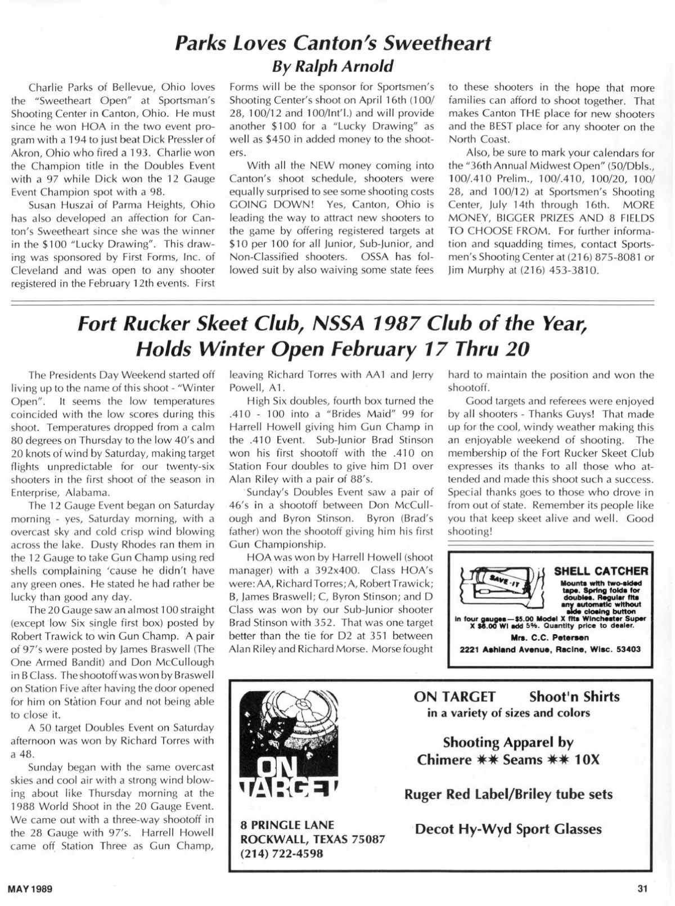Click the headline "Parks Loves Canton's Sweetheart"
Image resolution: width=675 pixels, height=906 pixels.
click(334, 43)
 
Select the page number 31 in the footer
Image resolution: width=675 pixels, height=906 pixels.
click(643, 889)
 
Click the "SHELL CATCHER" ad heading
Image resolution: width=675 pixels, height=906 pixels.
click(600, 572)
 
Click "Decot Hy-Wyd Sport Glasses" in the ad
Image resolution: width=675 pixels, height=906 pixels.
click(508, 829)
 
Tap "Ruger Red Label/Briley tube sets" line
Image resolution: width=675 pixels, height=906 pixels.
click(508, 795)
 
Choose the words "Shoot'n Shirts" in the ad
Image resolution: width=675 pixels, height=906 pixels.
click(574, 697)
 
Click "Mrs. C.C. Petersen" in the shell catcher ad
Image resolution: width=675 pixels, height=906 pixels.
click(550, 638)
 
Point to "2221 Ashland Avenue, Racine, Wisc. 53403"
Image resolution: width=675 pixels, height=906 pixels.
click(550, 649)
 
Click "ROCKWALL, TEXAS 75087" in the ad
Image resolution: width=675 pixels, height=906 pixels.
click(313, 839)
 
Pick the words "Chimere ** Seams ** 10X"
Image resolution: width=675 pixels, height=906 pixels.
click(508, 760)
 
